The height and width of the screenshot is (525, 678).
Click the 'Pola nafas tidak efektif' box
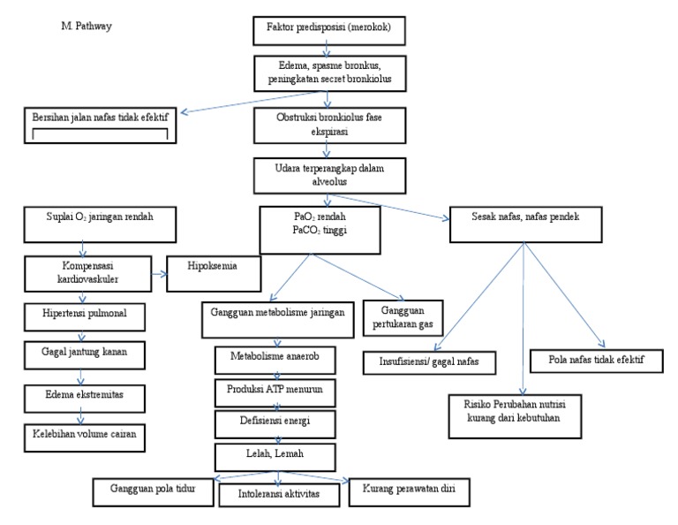pyautogui.click(x=586, y=361)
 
